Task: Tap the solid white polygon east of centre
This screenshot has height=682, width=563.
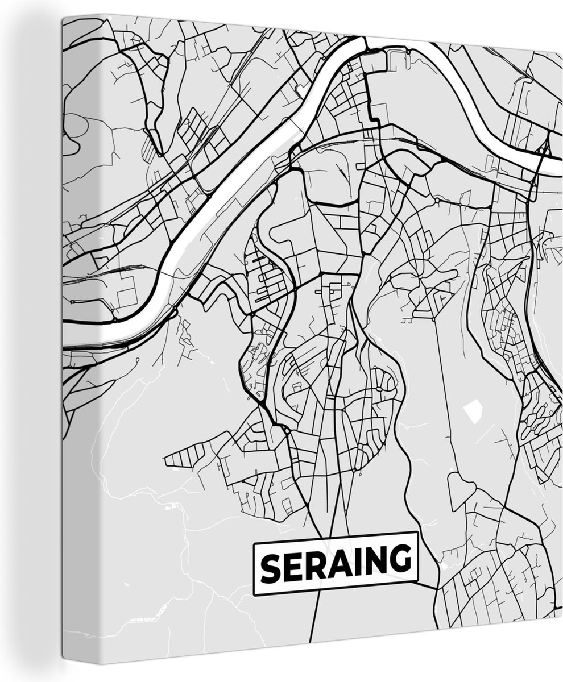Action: tap(471, 410)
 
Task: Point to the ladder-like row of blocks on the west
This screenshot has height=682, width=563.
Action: tap(185, 455)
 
